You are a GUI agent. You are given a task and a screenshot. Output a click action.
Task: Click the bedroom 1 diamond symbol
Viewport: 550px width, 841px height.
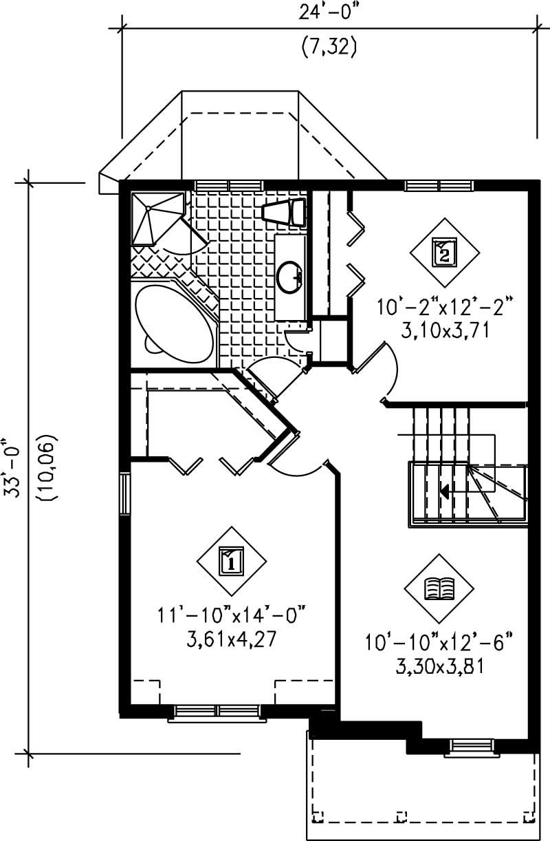231,561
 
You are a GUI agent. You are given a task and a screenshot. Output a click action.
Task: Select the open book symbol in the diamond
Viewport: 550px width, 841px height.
439,588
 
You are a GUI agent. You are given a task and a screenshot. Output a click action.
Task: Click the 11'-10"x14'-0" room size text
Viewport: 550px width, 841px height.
231,615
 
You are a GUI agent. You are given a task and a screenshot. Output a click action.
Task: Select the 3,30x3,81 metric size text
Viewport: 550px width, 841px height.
439,668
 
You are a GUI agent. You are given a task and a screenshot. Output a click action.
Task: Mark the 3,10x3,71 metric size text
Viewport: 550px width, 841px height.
445,331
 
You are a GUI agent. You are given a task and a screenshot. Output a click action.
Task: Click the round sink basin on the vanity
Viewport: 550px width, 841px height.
291,277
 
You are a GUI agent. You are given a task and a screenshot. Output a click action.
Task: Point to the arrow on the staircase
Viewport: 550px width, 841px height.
445,491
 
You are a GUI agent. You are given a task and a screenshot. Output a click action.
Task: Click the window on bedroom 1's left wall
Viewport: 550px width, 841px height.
125,493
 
